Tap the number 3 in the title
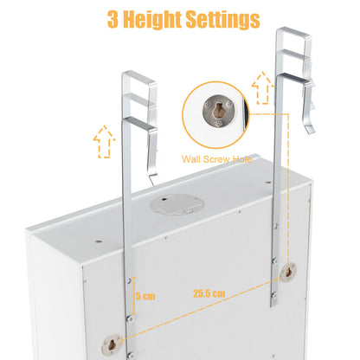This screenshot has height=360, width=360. pos(114,19)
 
